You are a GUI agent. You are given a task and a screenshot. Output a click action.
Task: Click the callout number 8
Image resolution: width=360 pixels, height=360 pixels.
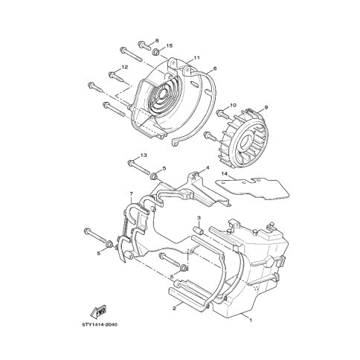[x=157, y=40]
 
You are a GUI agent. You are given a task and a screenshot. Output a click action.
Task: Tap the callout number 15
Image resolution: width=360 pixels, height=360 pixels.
[x=170, y=46]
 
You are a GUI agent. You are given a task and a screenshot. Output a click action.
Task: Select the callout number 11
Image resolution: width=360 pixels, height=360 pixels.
[x=196, y=58]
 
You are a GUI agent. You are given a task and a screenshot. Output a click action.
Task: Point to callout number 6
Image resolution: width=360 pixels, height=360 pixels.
[x=215, y=68]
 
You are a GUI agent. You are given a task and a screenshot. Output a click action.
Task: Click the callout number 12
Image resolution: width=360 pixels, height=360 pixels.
[x=125, y=67]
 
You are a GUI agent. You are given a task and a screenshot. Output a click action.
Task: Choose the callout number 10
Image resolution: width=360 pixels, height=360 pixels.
[x=233, y=105]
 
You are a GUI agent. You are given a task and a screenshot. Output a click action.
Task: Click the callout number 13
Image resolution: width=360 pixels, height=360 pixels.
[x=144, y=155]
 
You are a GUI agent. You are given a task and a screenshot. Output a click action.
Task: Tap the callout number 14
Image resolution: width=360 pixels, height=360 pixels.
[x=224, y=174]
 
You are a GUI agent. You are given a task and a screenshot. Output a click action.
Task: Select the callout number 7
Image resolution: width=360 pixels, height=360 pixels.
[x=132, y=193]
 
